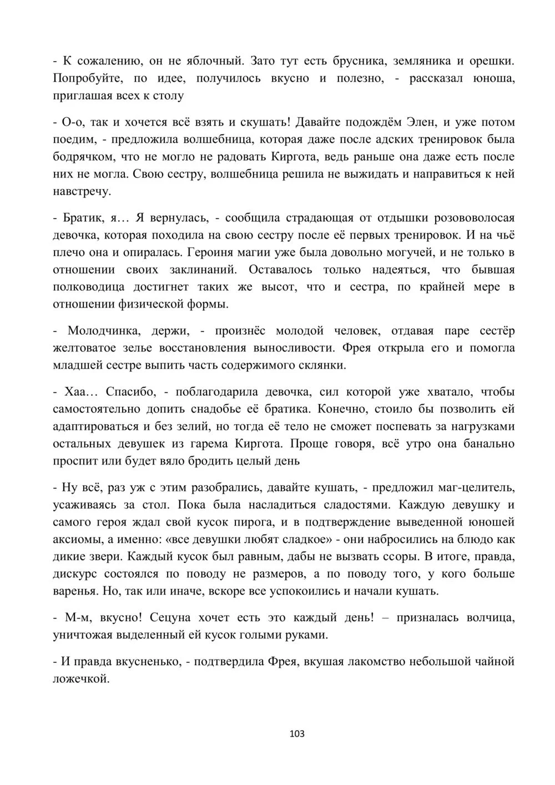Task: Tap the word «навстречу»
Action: coord(82,192)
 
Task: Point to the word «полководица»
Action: coord(88,287)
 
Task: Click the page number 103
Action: coord(297,734)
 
